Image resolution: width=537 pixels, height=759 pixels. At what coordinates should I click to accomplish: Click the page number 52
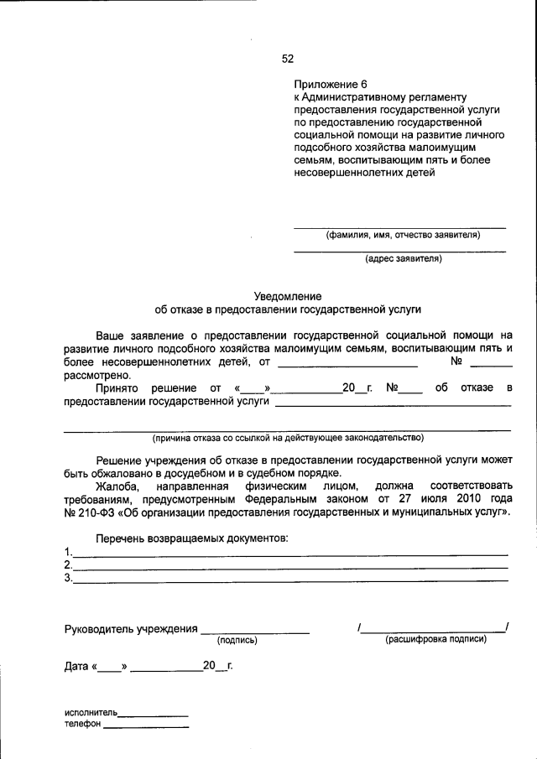click(x=288, y=59)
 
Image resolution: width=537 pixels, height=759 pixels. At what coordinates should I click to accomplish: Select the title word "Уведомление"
click(x=287, y=296)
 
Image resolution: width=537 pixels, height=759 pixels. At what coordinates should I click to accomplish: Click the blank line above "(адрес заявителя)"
click(x=399, y=251)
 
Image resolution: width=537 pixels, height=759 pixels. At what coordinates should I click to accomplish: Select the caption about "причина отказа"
click(x=288, y=438)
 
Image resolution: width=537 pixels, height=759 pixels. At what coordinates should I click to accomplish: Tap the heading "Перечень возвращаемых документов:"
click(x=192, y=537)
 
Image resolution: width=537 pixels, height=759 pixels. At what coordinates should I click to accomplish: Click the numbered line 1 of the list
click(x=289, y=554)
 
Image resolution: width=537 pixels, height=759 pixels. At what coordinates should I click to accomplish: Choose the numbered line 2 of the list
click(x=289, y=567)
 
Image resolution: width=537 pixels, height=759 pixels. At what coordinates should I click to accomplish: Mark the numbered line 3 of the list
click(x=289, y=580)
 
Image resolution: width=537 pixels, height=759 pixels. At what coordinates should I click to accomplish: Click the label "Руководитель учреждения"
click(x=131, y=628)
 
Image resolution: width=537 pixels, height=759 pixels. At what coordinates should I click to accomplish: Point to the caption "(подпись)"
click(x=237, y=640)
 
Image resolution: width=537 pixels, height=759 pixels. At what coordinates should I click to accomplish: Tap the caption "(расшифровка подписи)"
click(x=435, y=639)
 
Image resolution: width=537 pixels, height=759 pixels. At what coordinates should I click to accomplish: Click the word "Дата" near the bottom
click(x=76, y=667)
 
